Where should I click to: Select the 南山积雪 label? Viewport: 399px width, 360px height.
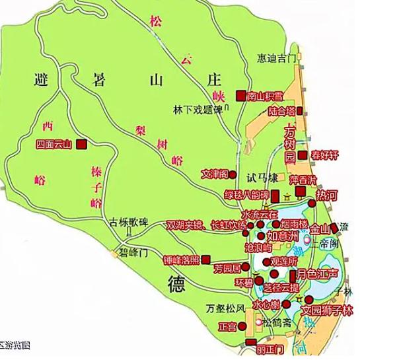tap(266, 96)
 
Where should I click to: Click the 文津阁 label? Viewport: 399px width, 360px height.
tap(215, 174)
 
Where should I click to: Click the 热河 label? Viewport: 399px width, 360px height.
tap(327, 196)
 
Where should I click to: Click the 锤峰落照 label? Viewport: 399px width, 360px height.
tap(181, 260)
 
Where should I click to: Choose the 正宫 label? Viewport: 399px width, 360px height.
tap(228, 326)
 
